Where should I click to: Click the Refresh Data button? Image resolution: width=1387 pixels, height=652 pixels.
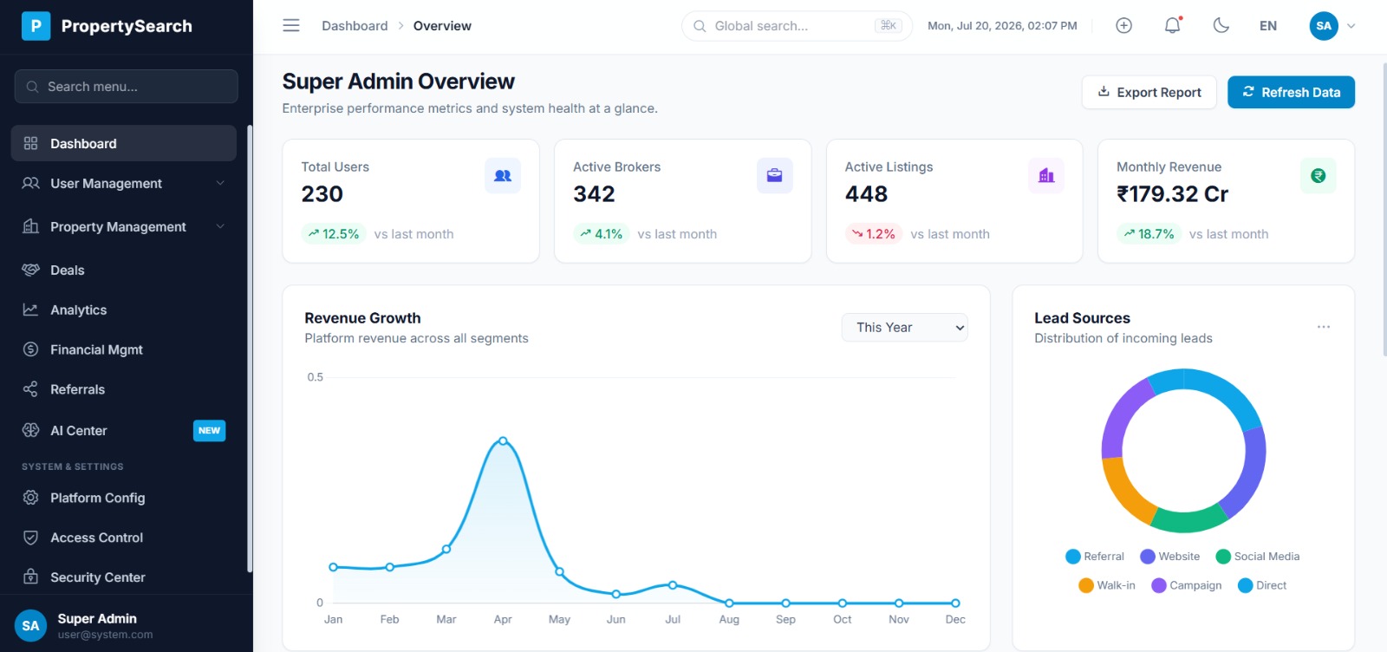(1291, 92)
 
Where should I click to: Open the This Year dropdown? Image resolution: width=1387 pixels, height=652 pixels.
(904, 328)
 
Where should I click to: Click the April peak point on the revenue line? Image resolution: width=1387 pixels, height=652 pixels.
(503, 440)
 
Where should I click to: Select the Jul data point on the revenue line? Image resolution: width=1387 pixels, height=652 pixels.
(673, 585)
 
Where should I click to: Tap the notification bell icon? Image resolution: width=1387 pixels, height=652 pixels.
(1172, 25)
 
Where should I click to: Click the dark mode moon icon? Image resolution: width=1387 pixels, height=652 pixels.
(1221, 25)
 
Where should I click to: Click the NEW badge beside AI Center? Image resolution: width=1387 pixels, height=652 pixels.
(209, 430)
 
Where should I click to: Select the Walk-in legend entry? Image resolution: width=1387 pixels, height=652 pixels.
(1106, 585)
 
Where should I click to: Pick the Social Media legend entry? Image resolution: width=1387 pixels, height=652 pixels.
(1258, 556)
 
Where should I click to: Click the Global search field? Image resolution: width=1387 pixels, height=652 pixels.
(797, 26)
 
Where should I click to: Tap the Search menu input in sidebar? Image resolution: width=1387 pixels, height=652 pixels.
(127, 87)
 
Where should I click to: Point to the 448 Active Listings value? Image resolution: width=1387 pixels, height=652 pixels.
(866, 194)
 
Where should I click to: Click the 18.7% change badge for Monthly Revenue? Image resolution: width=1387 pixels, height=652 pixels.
(1149, 234)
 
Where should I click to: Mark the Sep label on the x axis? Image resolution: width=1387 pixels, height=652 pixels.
(785, 619)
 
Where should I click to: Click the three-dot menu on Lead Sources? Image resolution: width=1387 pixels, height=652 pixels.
(1323, 327)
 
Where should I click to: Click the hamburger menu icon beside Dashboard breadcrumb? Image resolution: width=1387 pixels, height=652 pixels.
(291, 25)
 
